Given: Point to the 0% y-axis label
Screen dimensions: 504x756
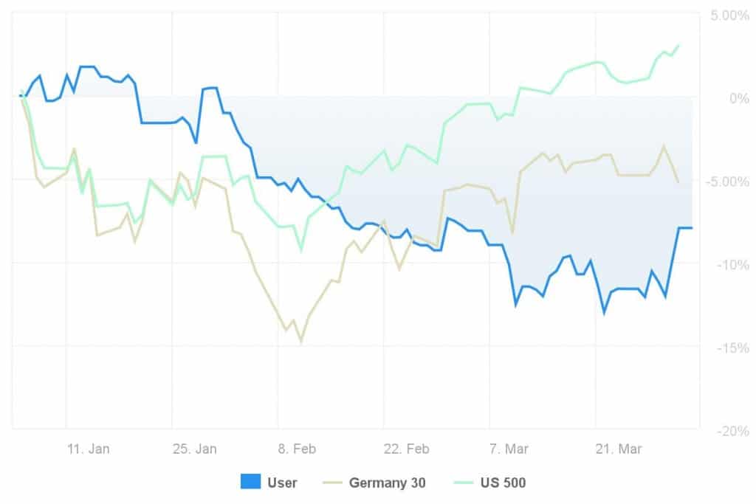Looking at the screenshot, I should coord(735,98).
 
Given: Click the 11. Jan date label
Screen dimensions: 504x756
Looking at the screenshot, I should coord(89,449).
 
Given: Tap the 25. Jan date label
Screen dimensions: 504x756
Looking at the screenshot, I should coord(195,449).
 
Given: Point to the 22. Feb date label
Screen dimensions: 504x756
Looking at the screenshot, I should coord(407,449).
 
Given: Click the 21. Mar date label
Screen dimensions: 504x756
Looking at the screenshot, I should coord(619,449).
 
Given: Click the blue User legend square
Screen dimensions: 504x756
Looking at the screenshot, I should coord(250,483).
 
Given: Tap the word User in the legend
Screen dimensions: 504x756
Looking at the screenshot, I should coord(282,483).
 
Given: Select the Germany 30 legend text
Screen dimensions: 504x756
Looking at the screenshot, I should coord(387,483).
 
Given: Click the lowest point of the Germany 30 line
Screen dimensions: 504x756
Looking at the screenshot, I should coord(301,342).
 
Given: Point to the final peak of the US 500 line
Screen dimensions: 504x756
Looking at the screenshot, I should coord(678,45).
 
